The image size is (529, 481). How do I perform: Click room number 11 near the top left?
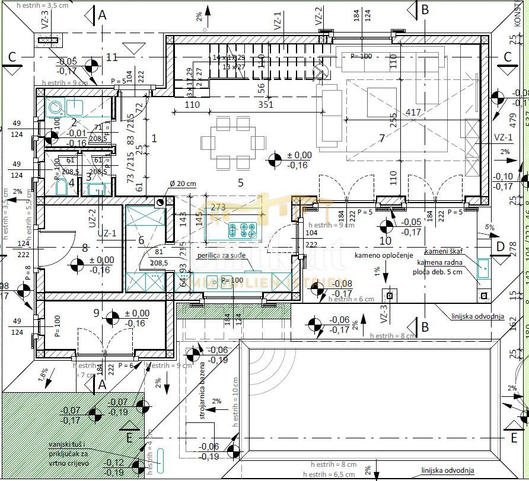pos(112,57)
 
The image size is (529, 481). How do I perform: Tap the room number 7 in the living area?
pos(382,138)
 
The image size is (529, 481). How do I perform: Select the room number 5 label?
pos(240,182)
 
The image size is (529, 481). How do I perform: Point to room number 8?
pos(85,248)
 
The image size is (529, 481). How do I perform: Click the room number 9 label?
pos(96,312)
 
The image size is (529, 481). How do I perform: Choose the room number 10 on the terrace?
pos(385,240)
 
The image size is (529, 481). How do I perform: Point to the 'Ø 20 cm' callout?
pos(182,184)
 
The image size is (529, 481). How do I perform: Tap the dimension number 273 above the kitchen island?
pos(218,207)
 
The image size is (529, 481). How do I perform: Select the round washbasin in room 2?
pos(56,108)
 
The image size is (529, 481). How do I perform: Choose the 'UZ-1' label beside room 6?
pos(110,233)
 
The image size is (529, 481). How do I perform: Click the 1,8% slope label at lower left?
pos(44,374)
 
